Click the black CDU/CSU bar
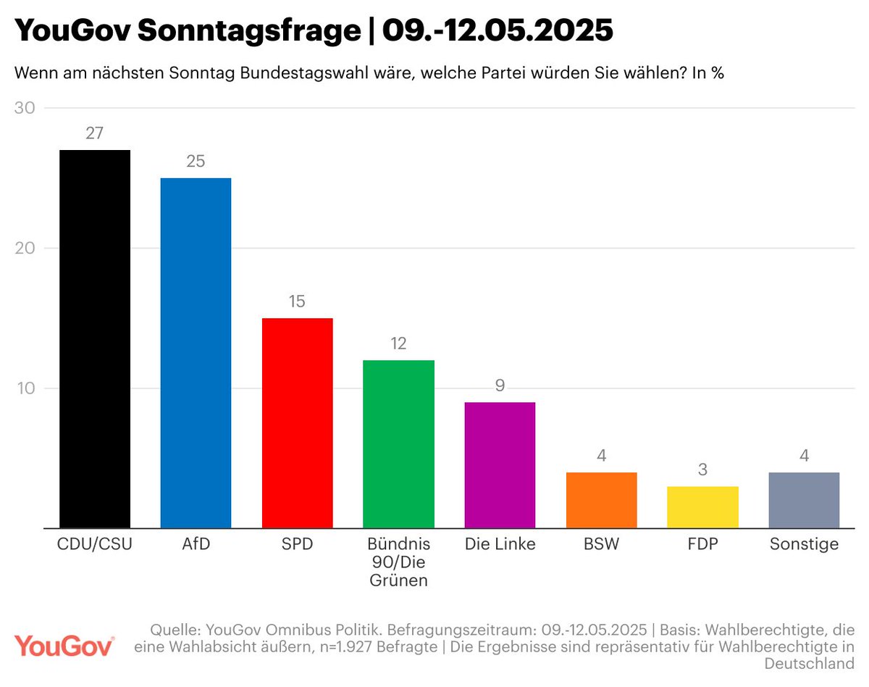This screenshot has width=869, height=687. (x=95, y=338)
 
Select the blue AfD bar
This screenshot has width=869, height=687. (x=196, y=352)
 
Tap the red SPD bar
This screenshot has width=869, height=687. (x=297, y=422)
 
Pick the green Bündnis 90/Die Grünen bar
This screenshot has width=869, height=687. (x=398, y=444)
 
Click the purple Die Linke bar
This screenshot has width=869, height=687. (x=500, y=465)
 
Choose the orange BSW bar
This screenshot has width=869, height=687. (x=601, y=500)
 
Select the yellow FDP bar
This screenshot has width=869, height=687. (x=702, y=507)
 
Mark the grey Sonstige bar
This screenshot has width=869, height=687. (x=804, y=500)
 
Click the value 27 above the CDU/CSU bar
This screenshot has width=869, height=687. (x=95, y=133)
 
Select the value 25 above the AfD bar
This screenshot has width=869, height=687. (x=196, y=162)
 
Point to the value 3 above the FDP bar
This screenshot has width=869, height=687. (x=702, y=470)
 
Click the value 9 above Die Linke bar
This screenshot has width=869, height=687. (x=500, y=386)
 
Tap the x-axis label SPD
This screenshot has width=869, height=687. (x=297, y=544)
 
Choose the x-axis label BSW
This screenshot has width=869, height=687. (x=601, y=544)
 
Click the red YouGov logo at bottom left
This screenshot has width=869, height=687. (x=64, y=645)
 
